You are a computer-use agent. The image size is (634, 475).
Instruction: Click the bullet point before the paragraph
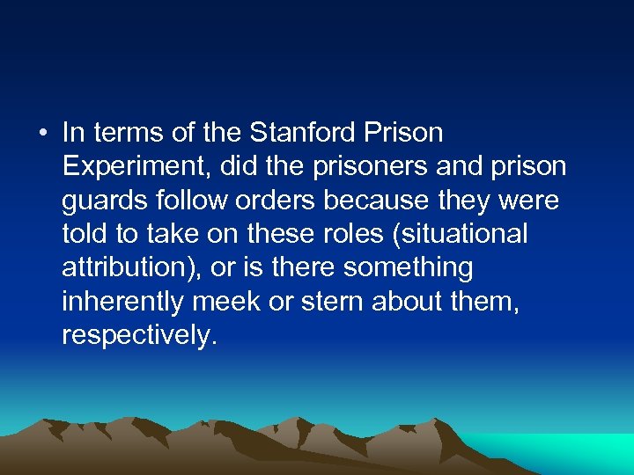pos(41,134)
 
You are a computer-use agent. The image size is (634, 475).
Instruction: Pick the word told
pos(80,234)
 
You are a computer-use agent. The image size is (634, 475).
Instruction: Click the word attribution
pos(129,267)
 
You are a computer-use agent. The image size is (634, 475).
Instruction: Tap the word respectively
pos(137,336)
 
